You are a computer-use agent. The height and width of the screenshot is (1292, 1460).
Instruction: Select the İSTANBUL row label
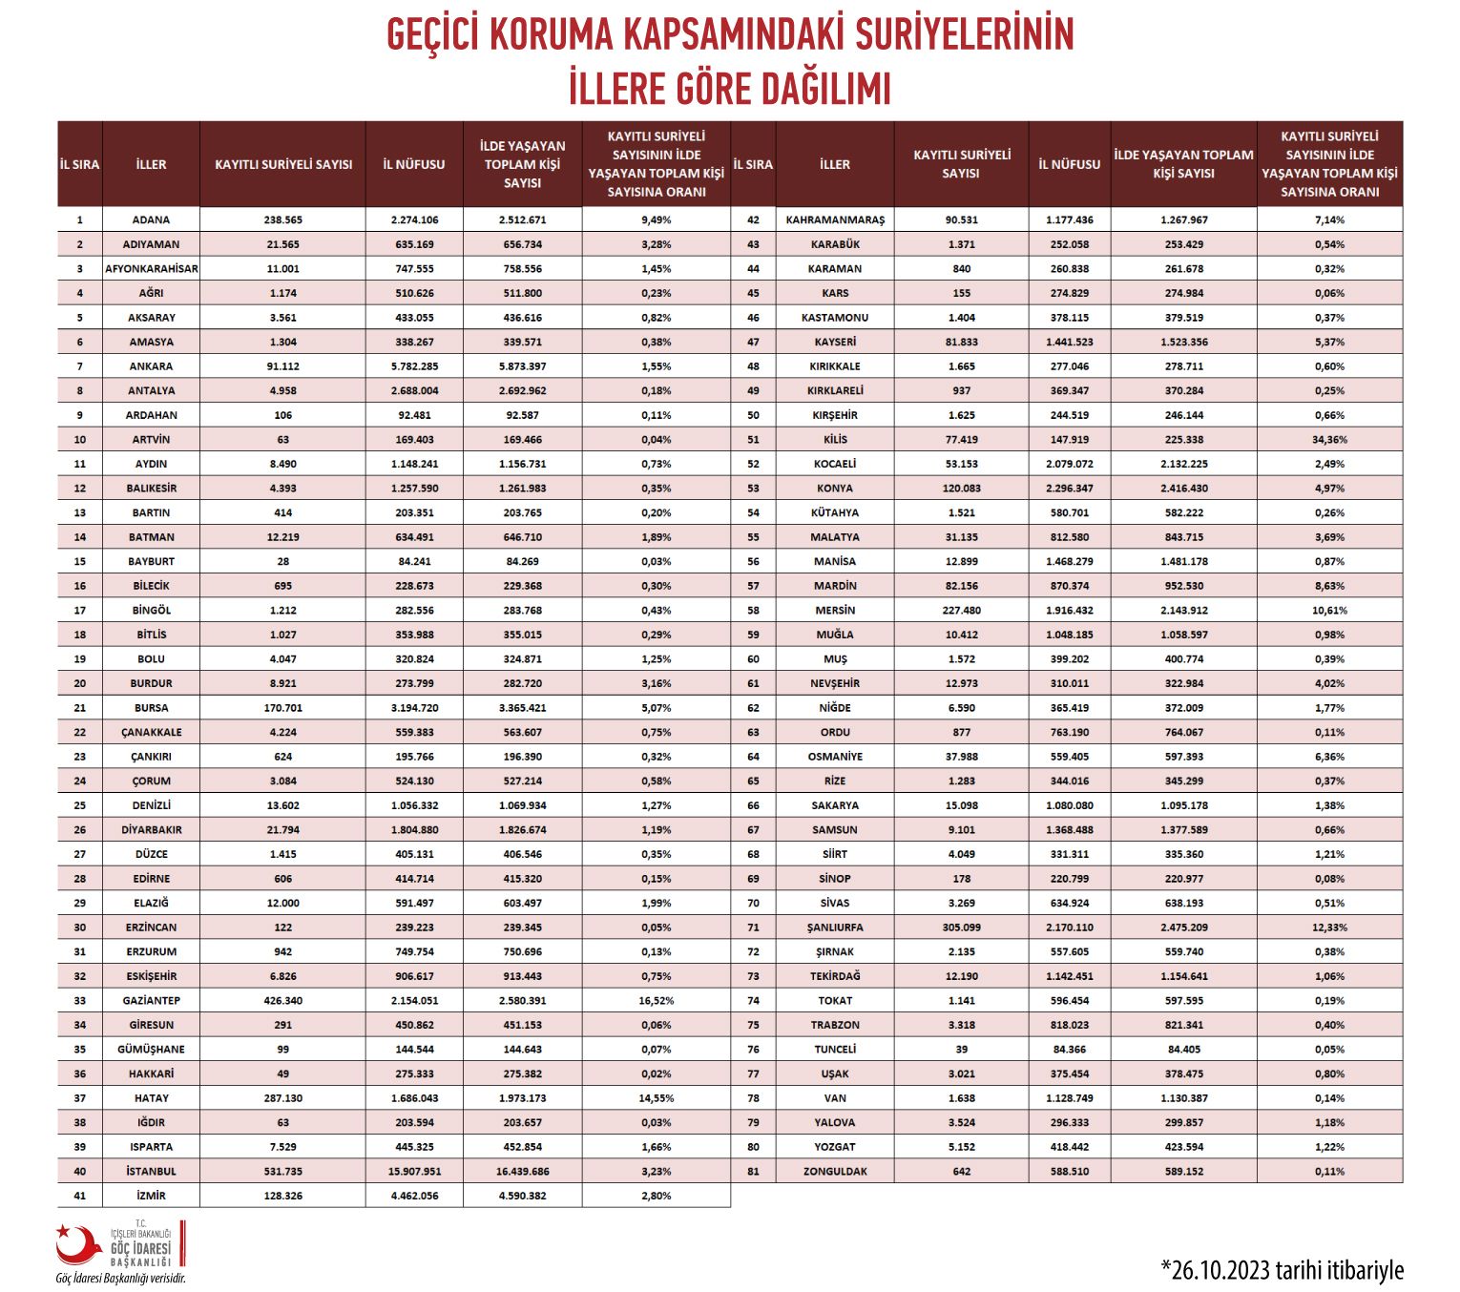(151, 1171)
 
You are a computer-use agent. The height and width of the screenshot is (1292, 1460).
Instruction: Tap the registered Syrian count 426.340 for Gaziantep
(282, 1000)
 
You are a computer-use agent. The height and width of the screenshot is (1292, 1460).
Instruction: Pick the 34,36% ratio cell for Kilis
(1329, 440)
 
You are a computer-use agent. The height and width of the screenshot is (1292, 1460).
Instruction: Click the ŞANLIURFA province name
(835, 927)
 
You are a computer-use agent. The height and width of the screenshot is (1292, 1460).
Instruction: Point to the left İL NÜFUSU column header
(414, 164)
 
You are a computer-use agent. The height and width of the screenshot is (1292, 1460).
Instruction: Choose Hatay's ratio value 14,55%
(656, 1098)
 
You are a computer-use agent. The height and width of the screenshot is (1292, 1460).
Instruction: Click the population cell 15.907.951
(414, 1171)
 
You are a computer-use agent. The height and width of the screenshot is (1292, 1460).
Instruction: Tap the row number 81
(753, 1171)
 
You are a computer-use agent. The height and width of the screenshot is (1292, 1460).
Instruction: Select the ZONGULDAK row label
(835, 1171)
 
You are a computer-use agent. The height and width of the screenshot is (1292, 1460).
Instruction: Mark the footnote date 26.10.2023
(1220, 1271)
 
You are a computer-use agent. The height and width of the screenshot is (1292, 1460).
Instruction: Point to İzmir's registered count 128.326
(282, 1196)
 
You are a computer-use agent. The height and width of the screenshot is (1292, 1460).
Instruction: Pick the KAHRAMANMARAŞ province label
(835, 219)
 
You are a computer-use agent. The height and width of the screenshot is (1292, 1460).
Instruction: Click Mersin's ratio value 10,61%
(1329, 611)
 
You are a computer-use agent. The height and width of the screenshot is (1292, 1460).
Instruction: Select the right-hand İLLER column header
(835, 164)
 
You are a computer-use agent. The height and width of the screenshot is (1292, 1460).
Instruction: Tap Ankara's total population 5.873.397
(522, 366)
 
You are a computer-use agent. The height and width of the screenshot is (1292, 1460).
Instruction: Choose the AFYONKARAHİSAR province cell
(151, 269)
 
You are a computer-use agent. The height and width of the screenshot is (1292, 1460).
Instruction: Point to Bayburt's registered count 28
(282, 561)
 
